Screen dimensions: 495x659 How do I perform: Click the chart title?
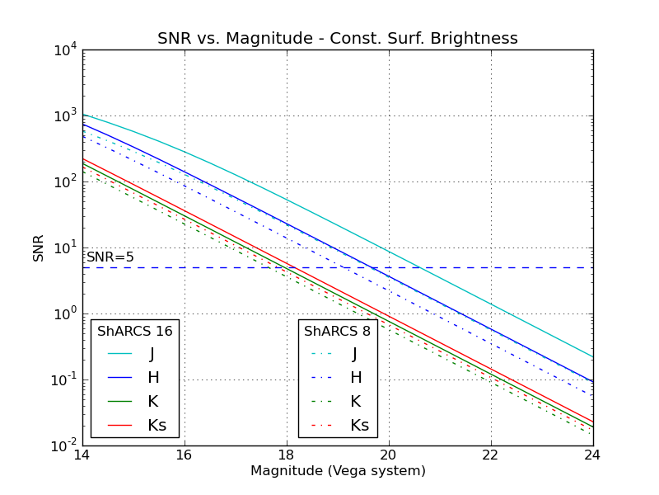338,39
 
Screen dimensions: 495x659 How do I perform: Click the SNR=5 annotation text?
110,257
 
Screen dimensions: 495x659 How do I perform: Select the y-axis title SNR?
39,247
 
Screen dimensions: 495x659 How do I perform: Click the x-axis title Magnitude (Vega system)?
338,471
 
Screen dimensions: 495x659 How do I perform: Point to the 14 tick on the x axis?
82,455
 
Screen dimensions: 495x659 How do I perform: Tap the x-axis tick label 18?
286,455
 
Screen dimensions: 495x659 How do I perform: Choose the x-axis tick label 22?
490,455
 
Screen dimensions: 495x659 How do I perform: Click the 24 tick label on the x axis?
592,455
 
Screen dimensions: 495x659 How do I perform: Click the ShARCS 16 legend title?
135,332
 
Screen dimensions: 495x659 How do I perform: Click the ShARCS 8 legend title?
338,332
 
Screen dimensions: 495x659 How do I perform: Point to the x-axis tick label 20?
388,455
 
